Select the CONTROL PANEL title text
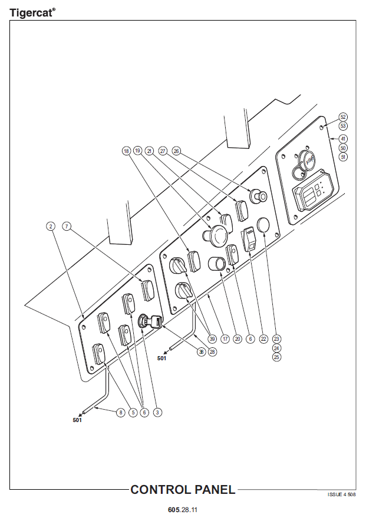[x=183, y=490]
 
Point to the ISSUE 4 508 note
[x=342, y=494]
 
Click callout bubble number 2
[x=51, y=226]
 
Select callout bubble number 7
[x=67, y=226]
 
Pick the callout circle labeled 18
[x=126, y=151]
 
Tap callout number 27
[x=163, y=151]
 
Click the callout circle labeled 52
[x=343, y=117]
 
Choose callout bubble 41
[x=343, y=138]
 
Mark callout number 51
[x=343, y=157]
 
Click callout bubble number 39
[x=212, y=338]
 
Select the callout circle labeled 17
[x=225, y=338]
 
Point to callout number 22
[x=263, y=338]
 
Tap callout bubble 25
[x=276, y=357]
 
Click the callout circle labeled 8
[x=120, y=413]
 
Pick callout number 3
[x=157, y=413]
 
